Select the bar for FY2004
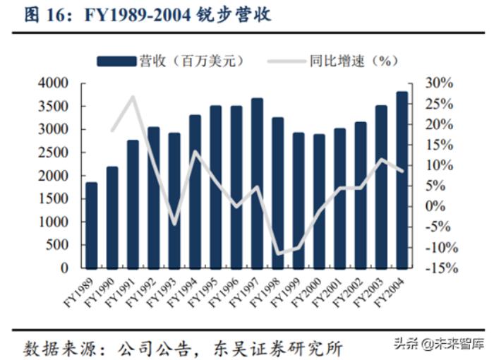402,180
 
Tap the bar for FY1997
257,184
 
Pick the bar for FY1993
174,200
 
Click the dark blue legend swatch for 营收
116,61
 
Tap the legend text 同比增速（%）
350,61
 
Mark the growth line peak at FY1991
133,97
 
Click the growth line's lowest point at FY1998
278,253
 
